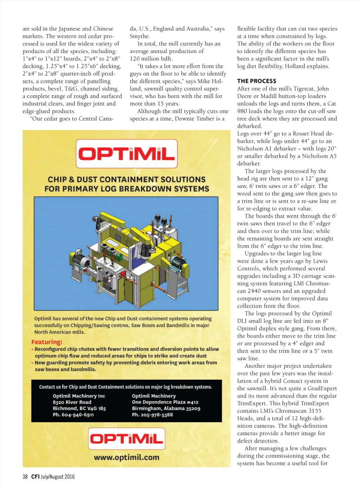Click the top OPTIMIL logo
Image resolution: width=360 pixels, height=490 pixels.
127,154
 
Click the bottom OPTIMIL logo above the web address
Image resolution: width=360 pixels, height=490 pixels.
127,438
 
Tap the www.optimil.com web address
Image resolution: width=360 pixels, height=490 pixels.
127,457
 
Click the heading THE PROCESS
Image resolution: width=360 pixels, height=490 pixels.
257,81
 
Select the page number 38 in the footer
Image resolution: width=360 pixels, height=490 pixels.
25,477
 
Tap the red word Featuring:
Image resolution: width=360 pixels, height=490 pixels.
47,342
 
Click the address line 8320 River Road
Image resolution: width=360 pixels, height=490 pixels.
72,402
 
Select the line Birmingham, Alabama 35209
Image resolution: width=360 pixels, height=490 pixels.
166,408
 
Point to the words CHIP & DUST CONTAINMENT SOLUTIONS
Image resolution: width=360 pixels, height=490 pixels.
127,180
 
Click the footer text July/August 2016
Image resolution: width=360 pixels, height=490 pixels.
58,477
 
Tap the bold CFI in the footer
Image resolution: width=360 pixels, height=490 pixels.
35,477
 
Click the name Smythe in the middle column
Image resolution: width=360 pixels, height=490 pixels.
139,36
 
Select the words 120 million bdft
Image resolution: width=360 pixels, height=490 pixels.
151,59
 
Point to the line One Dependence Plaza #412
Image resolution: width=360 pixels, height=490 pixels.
165,402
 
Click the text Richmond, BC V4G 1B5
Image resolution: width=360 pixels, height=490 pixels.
79,408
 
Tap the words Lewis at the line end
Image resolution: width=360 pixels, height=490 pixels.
320,261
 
